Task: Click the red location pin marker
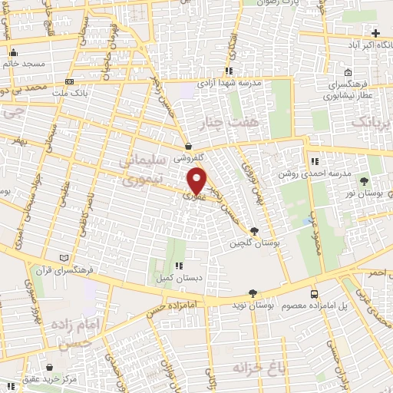click(197, 181)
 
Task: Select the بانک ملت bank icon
click(70, 81)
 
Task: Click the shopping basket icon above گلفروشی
click(188, 144)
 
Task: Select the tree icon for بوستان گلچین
click(254, 230)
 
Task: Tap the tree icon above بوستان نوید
click(253, 292)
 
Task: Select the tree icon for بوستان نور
click(364, 180)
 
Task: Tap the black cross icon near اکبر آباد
click(375, 33)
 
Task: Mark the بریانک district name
click(371, 123)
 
